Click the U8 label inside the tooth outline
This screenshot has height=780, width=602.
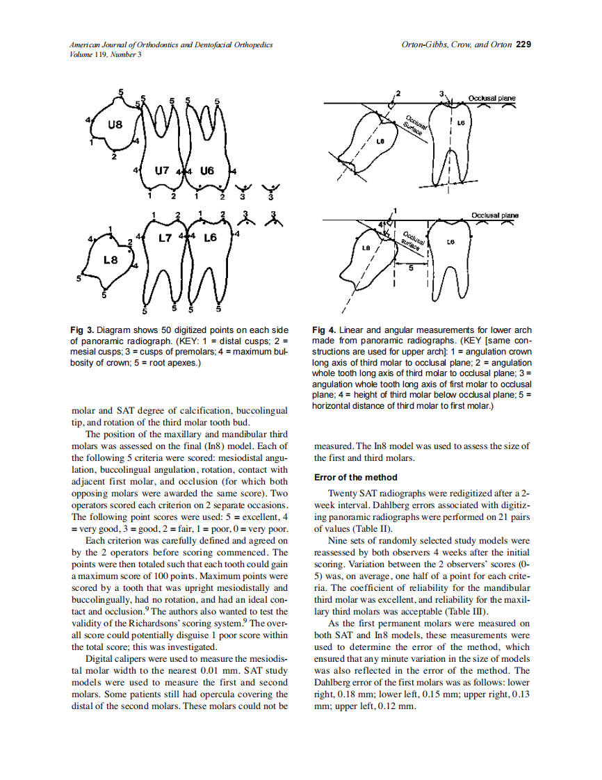(x=116, y=126)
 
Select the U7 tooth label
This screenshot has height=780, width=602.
(x=161, y=170)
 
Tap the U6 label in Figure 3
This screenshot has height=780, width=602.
(x=206, y=170)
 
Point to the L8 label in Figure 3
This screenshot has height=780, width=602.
(x=111, y=259)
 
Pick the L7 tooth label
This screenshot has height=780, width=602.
(x=165, y=238)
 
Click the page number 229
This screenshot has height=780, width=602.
(x=524, y=44)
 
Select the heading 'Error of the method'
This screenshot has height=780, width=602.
(x=355, y=477)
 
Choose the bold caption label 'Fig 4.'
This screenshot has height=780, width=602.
(x=324, y=330)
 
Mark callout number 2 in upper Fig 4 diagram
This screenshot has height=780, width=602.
(x=398, y=92)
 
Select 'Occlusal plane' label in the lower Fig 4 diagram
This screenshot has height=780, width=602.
(x=495, y=216)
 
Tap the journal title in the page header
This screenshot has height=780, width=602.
(x=170, y=44)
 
